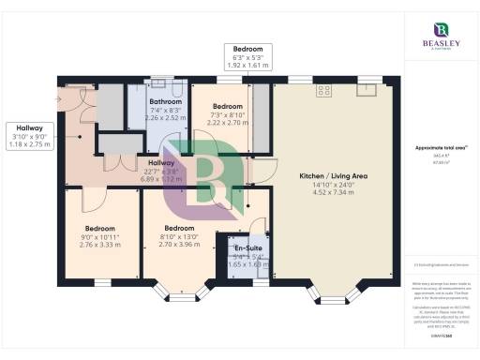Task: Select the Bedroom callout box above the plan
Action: [247, 57]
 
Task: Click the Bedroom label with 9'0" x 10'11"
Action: [99, 228]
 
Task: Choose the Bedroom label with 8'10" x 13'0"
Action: [179, 228]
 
